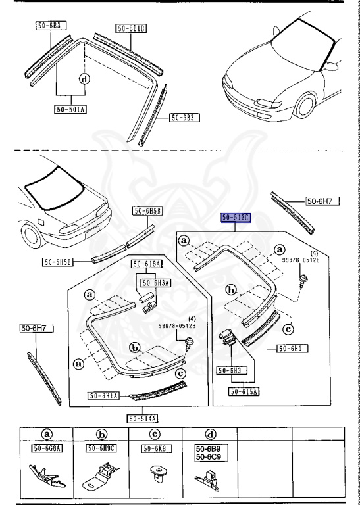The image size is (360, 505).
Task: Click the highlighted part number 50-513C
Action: pyautogui.click(x=236, y=217)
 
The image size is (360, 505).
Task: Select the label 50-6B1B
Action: pyautogui.click(x=132, y=28)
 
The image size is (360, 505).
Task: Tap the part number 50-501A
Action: pyautogui.click(x=70, y=110)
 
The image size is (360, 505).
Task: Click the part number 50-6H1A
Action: pyautogui.click(x=103, y=395)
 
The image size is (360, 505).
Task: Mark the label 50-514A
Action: pyautogui.click(x=143, y=418)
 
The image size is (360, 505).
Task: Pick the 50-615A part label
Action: pyautogui.click(x=244, y=391)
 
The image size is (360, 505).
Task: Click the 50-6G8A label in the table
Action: pyautogui.click(x=45, y=448)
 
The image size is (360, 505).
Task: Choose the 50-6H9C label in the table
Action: pyautogui.click(x=101, y=448)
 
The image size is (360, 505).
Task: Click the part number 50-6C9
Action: pyautogui.click(x=207, y=456)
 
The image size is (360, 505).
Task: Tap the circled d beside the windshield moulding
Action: pyautogui.click(x=84, y=79)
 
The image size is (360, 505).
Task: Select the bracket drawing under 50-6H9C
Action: pyautogui.click(x=101, y=477)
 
